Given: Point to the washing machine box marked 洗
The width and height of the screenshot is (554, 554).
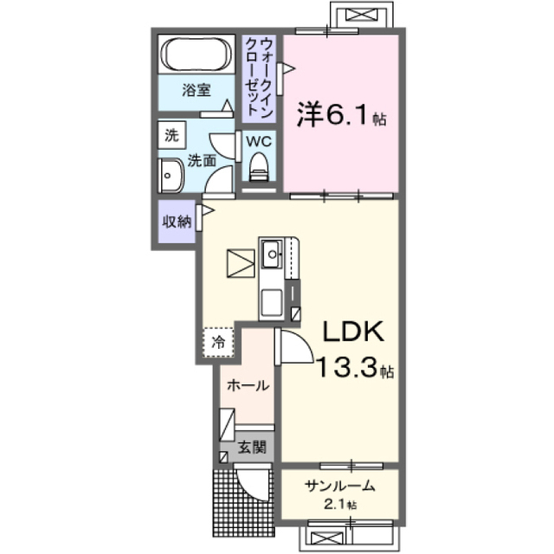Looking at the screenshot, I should [171, 135].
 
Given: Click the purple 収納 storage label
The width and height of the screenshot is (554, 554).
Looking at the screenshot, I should [177, 221].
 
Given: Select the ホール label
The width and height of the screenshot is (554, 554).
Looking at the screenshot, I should [247, 387].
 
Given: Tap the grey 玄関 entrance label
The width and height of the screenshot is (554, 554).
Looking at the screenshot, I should [247, 449].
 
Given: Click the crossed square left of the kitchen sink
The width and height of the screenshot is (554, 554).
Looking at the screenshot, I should [241, 262].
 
